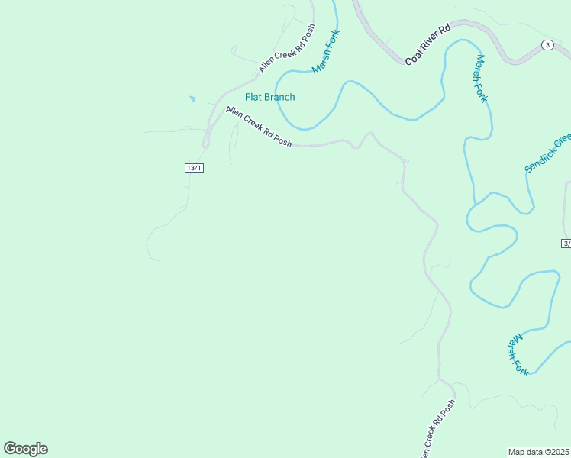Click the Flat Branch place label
269,97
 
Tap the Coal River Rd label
428,44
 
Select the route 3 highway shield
547,45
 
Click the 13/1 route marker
194,168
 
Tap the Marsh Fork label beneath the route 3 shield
482,79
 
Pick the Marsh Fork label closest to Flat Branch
326,52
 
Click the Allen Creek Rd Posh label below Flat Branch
259,127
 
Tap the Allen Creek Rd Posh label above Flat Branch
287,49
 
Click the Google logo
26,449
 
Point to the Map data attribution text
539,452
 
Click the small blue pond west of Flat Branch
192,98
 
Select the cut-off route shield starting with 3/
566,244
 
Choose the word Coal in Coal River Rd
413,55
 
